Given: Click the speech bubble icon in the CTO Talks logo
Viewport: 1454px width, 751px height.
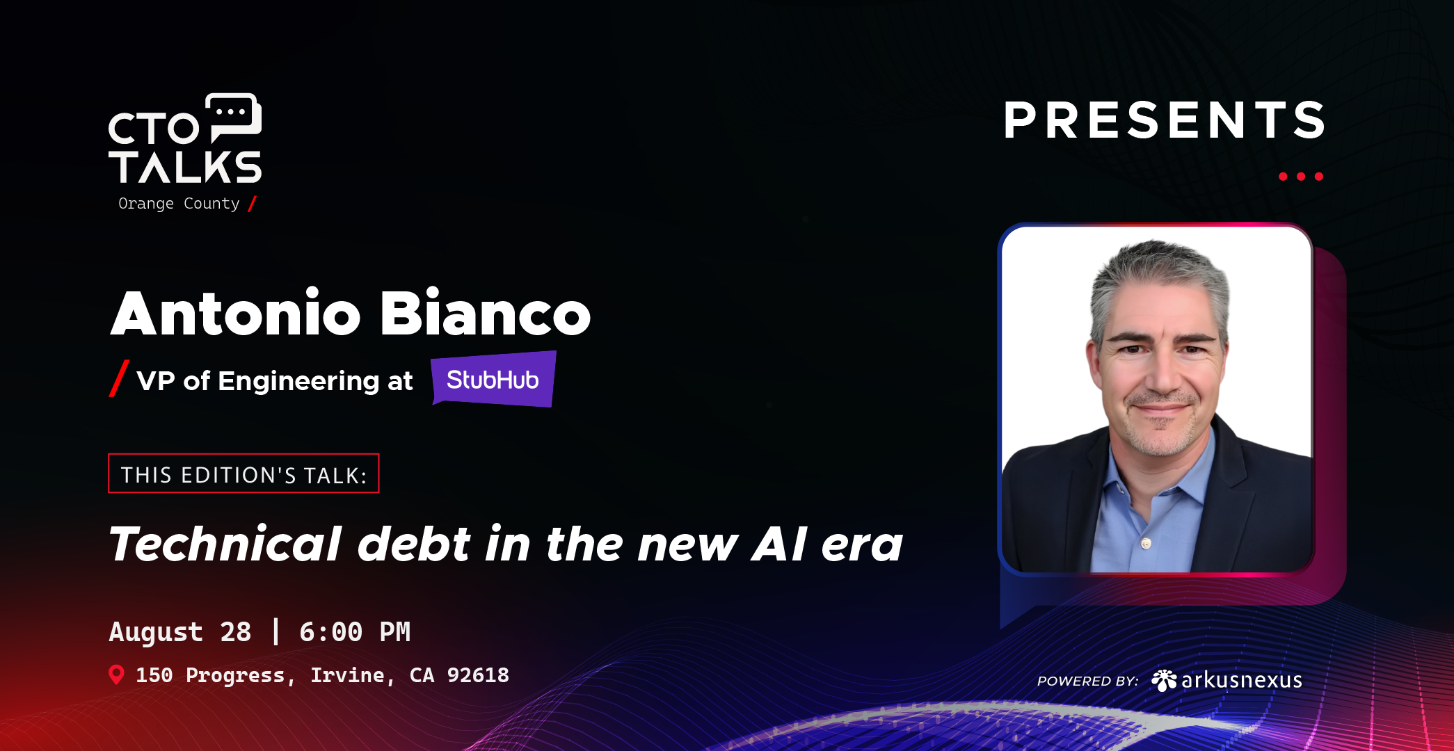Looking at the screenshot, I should pyautogui.click(x=234, y=116).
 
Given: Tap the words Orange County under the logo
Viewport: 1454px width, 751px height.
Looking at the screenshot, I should pyautogui.click(x=179, y=204).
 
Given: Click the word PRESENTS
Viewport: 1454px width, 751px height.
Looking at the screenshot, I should pyautogui.click(x=1164, y=121).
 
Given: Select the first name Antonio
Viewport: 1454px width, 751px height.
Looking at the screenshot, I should pyautogui.click(x=235, y=314).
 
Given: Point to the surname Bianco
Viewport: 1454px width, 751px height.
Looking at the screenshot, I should pyautogui.click(x=485, y=314).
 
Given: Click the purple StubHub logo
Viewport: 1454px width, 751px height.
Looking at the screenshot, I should pyautogui.click(x=493, y=380).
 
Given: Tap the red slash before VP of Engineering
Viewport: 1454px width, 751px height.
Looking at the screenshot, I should pyautogui.click(x=119, y=378).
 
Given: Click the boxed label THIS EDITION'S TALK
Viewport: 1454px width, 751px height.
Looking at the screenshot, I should pyautogui.click(x=243, y=474).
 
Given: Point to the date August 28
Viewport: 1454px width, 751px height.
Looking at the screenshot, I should pyautogui.click(x=179, y=632).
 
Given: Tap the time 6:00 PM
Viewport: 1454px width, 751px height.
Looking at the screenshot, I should pyautogui.click(x=355, y=632).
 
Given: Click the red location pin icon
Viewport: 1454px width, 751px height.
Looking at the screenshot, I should pyautogui.click(x=117, y=675).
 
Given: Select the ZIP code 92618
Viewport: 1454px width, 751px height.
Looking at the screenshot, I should pyautogui.click(x=478, y=675).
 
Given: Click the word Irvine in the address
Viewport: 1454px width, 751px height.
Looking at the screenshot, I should pyautogui.click(x=346, y=675).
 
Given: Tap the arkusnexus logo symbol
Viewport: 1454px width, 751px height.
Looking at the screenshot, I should pyautogui.click(x=1163, y=680).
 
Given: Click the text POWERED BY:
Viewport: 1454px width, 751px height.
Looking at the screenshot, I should pyautogui.click(x=1087, y=681).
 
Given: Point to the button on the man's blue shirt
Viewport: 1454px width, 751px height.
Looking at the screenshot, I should pyautogui.click(x=1146, y=543).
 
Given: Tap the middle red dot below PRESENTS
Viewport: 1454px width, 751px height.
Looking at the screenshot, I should pyautogui.click(x=1301, y=177).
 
